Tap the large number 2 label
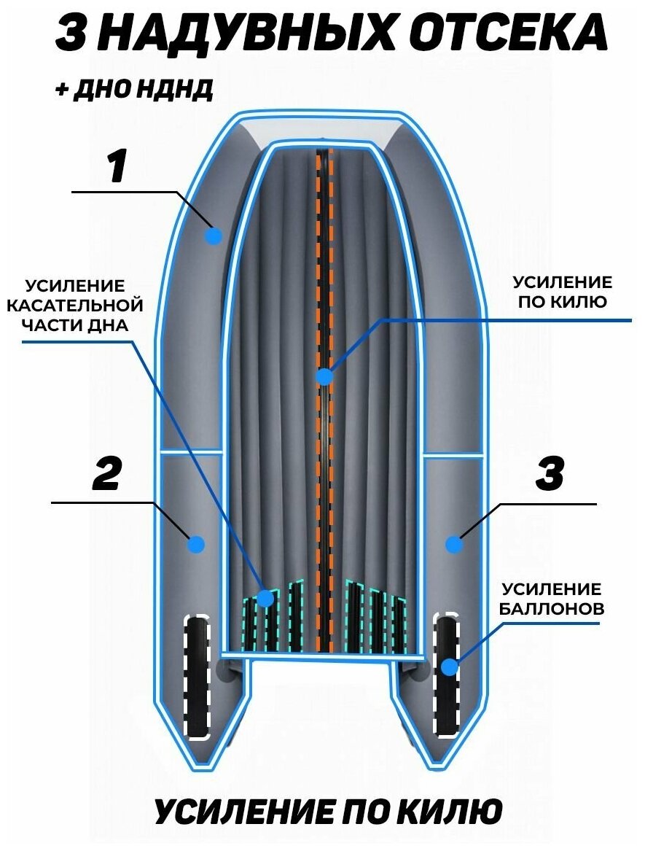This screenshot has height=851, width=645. pos(106,475)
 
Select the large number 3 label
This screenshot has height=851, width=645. pos(550,475)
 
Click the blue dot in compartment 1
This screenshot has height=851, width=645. pos(214,236)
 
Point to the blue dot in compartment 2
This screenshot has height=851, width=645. pos(196,544)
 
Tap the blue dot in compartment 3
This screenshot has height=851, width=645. pos(454,544)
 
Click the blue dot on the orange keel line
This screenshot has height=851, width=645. pos(324,376)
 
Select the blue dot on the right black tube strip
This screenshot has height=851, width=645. pos(449,666)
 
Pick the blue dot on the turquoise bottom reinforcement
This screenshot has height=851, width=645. pos(265,599)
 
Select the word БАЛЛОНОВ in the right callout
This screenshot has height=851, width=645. pos(552,608)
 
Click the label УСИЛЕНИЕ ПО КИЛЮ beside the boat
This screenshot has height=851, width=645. pos(562,292)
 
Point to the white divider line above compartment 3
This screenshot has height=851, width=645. pos(453,457)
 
